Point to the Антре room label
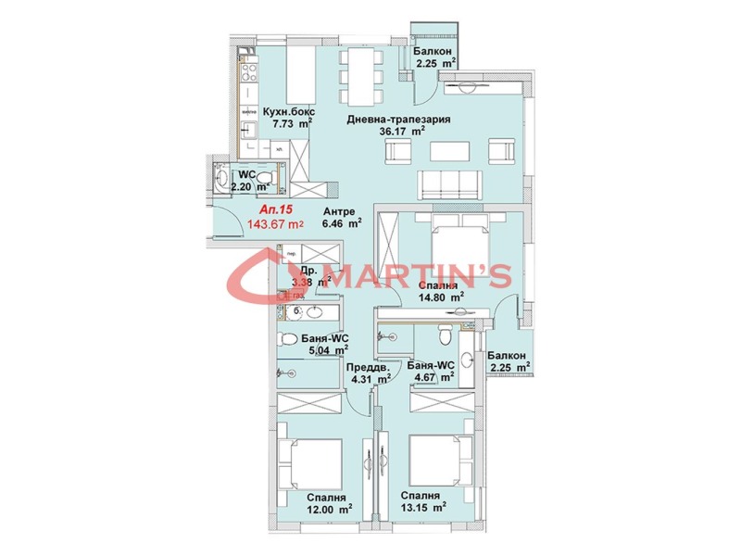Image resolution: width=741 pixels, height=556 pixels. (x=337, y=210)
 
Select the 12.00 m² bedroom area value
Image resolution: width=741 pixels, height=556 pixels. (x=330, y=508)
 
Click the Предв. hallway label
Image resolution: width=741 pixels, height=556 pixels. (x=368, y=366)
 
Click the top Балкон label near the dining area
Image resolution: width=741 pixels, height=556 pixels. (x=433, y=53)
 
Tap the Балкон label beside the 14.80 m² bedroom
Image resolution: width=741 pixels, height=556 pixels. (x=508, y=356)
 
